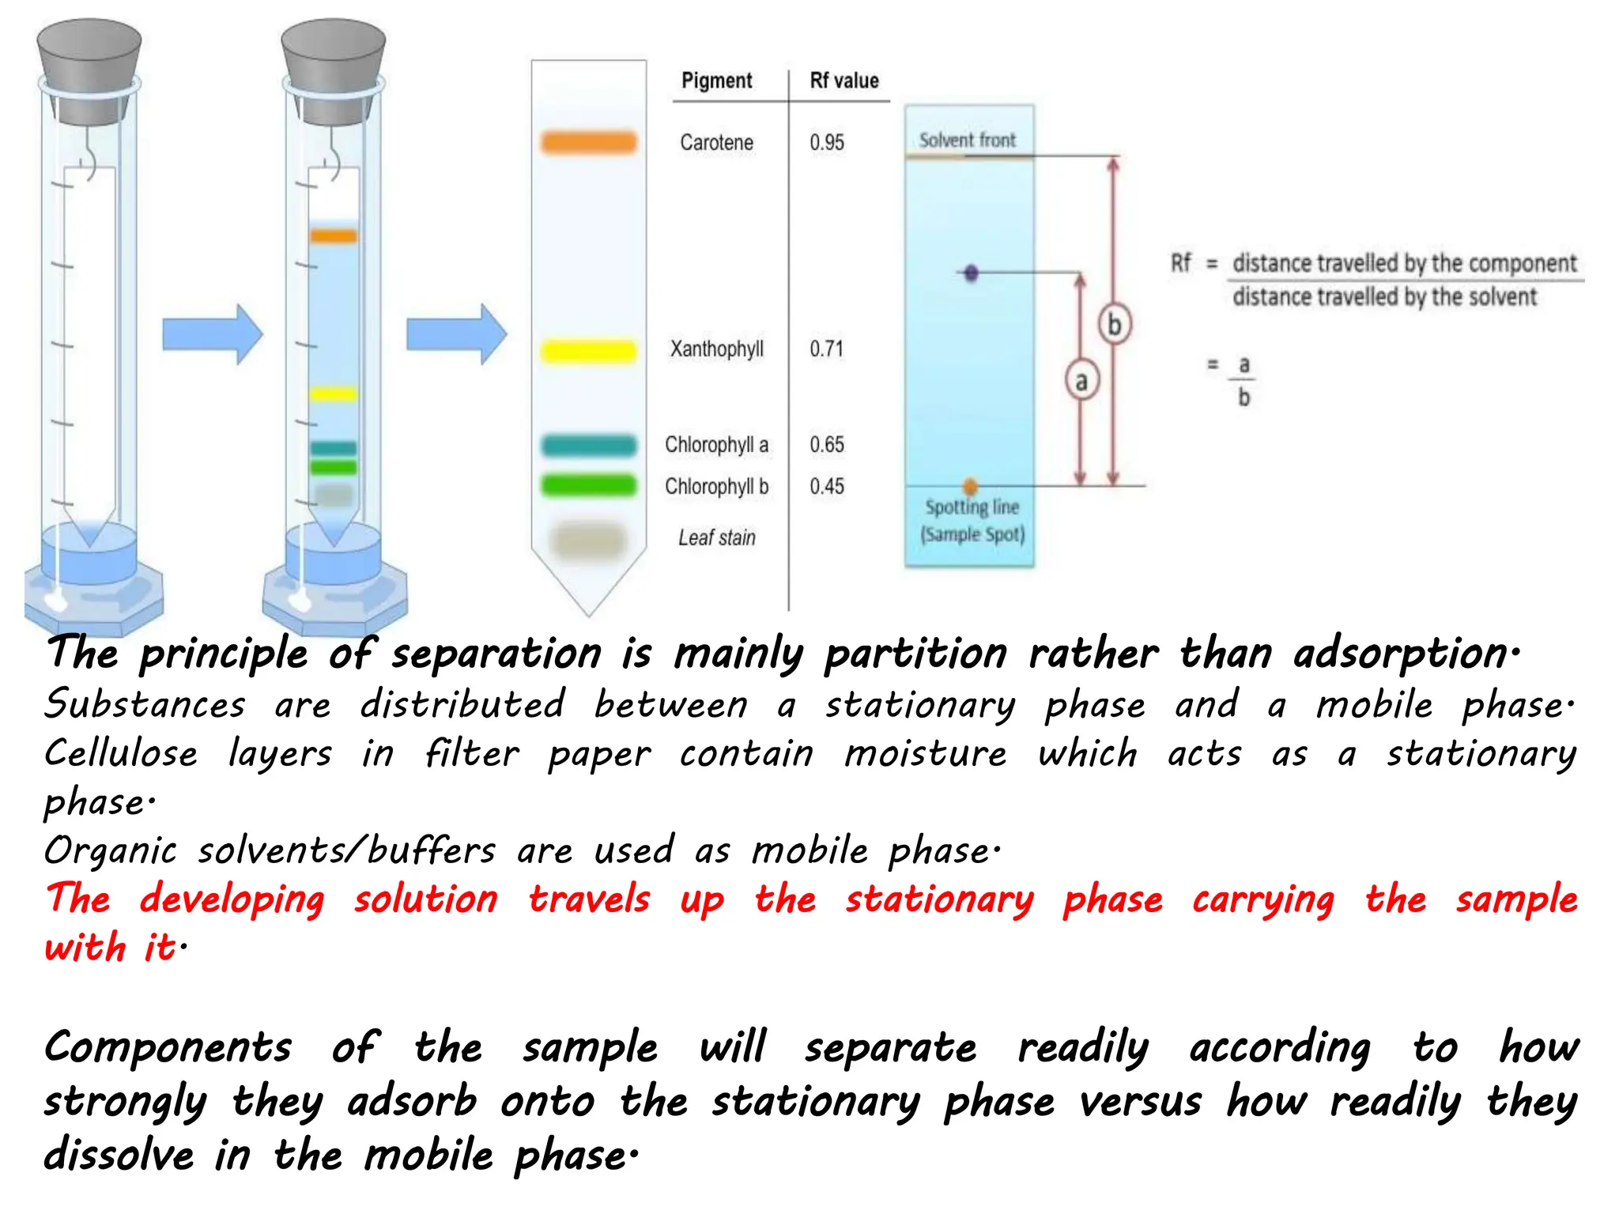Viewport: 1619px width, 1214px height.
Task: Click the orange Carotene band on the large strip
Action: coord(589,142)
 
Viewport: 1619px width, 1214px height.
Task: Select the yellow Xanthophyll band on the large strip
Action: coord(589,350)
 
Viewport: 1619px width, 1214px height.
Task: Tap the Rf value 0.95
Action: coord(827,143)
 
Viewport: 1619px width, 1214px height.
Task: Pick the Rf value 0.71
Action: coord(827,349)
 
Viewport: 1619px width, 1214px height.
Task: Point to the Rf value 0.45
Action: coord(827,486)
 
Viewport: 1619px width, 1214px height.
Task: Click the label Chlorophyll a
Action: coord(716,445)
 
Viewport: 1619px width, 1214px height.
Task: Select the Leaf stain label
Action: coord(716,538)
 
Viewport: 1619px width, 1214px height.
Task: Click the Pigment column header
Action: coord(716,81)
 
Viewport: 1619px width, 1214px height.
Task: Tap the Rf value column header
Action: coord(844,81)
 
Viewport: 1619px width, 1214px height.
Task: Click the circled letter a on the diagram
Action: coord(1081,382)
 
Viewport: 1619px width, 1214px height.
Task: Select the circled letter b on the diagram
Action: coord(1114,324)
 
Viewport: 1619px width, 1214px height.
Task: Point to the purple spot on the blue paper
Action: coord(972,273)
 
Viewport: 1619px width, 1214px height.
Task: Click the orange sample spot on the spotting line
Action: coord(970,486)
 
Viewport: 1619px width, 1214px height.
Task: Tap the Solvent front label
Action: coord(968,141)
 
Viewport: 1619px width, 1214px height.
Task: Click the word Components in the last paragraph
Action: coord(168,1048)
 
